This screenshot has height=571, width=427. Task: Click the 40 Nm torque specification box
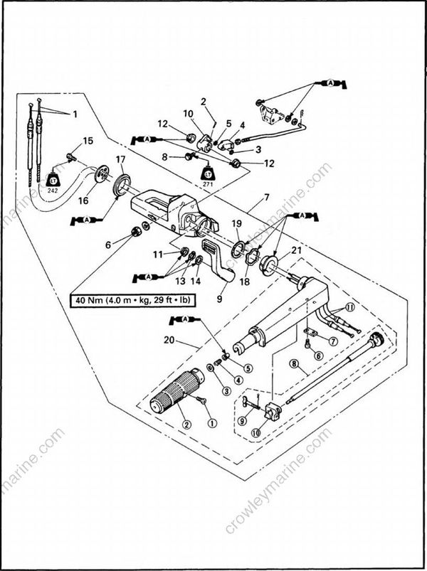pos(132,300)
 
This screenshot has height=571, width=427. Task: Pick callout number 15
pos(88,140)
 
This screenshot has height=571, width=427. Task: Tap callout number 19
pos(236,224)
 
